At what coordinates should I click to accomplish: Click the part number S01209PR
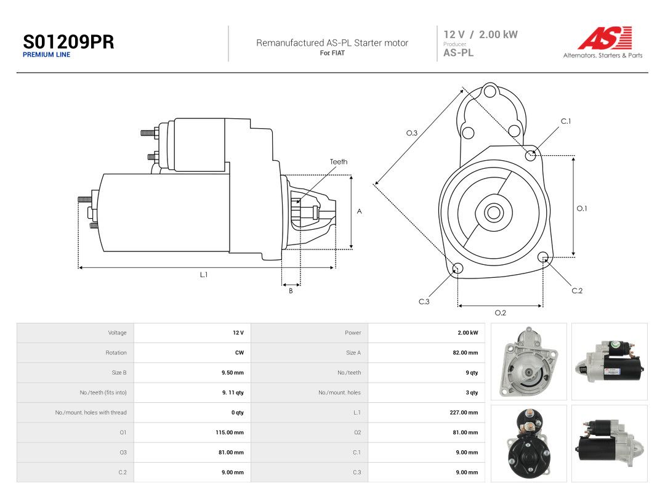pyautogui.click(x=68, y=42)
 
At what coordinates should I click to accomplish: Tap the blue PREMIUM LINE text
pyautogui.click(x=47, y=55)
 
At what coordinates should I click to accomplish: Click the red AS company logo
pyautogui.click(x=605, y=38)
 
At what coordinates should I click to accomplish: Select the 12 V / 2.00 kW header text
pyautogui.click(x=480, y=34)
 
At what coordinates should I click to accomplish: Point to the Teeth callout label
pyautogui.click(x=339, y=161)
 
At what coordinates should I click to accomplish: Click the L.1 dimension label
pyautogui.click(x=204, y=275)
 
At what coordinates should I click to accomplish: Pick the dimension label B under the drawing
pyautogui.click(x=291, y=291)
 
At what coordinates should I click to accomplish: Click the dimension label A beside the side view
pyautogui.click(x=359, y=211)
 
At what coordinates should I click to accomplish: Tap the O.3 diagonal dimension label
pyautogui.click(x=412, y=133)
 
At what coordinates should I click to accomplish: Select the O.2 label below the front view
pyautogui.click(x=501, y=313)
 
